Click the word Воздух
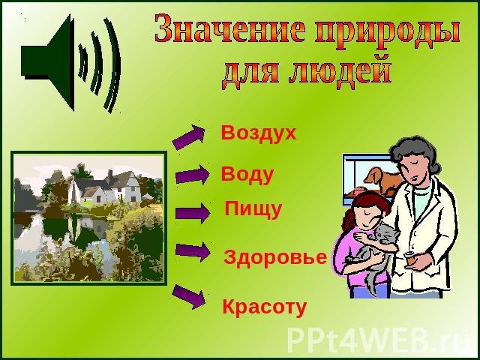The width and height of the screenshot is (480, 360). pos(259,133)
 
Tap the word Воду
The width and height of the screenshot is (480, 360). pos(247,175)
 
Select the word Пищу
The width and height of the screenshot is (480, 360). pos(253,209)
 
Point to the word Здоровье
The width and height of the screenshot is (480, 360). pos(275,257)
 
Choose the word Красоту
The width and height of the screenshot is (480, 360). pos(265,307)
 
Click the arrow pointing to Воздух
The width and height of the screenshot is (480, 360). pos(189,136)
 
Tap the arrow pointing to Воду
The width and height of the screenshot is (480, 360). pos(193,175)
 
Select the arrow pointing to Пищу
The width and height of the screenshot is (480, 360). pos(193,213)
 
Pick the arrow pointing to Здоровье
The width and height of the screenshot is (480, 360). pos(193,251)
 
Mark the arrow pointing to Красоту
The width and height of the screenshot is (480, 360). pos(189,296)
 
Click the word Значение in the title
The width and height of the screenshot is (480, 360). pos(229,28)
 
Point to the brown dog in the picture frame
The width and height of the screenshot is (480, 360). pos(383,181)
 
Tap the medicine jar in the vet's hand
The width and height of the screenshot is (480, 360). pos(409,258)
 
